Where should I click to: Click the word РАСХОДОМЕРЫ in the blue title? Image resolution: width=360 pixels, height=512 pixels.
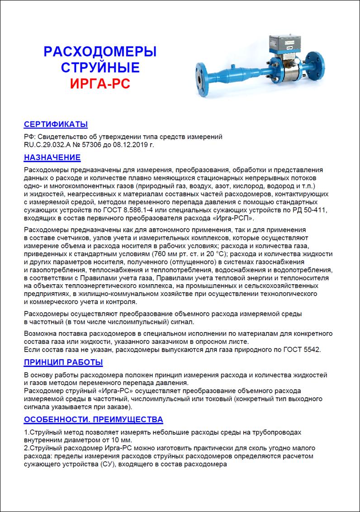[100, 51]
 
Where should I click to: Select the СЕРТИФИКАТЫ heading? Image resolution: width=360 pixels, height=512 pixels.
[56, 124]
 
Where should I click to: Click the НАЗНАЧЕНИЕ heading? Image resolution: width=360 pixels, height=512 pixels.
[52, 157]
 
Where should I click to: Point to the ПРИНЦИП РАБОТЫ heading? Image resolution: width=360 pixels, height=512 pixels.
[63, 362]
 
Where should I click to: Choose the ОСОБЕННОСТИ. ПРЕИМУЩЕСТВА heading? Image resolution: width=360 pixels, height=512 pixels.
[93, 419]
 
